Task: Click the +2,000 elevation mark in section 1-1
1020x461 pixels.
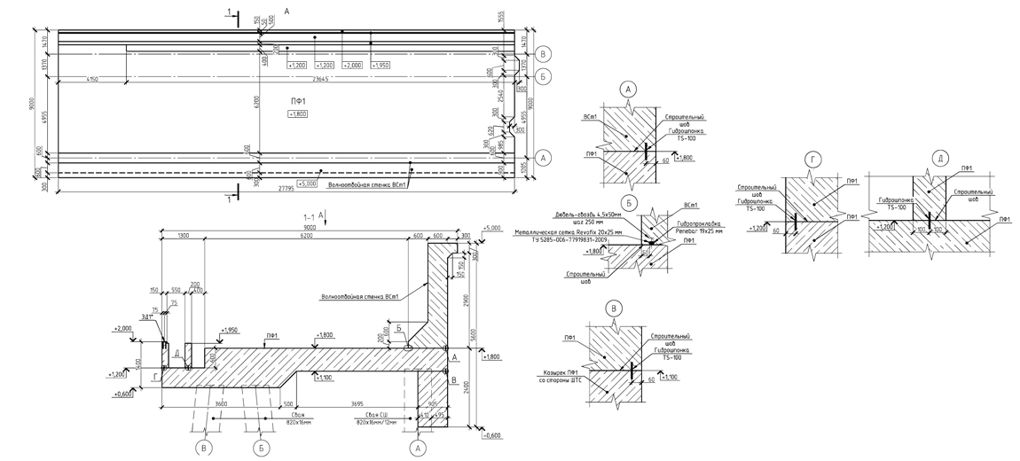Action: click(x=122, y=328)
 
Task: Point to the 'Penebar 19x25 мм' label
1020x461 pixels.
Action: click(x=700, y=231)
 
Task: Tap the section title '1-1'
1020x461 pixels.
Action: click(x=310, y=215)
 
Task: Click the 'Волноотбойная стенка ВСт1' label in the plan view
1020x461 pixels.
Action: click(x=366, y=184)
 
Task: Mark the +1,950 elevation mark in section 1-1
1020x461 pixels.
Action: click(x=231, y=331)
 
